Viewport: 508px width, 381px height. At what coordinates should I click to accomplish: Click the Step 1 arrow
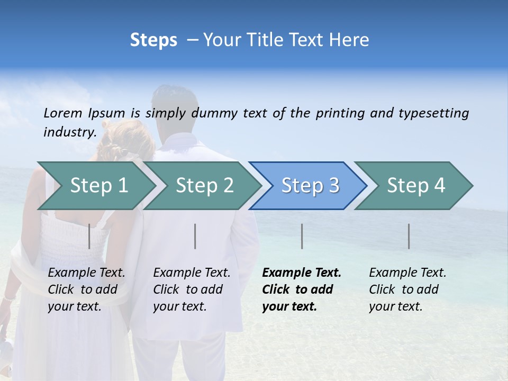98,186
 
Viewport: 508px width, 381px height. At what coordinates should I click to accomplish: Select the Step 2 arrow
204,186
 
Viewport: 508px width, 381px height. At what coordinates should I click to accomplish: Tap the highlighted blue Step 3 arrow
310,186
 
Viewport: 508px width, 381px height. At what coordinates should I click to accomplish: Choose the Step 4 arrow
416,186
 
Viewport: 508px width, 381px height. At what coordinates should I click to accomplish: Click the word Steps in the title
153,40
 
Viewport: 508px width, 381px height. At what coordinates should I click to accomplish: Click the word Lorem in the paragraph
63,113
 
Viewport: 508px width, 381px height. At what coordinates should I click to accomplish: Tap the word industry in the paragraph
69,132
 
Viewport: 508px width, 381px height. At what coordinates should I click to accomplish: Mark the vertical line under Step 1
89,236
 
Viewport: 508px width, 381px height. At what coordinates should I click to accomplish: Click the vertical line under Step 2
195,236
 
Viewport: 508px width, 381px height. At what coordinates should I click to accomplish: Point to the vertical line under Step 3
302,236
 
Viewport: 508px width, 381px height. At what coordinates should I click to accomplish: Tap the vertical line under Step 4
409,236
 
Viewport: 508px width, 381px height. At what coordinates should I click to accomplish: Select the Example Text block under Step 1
87,289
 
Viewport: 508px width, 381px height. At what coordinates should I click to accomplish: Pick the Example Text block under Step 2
192,289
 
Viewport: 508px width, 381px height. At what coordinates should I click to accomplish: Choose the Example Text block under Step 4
407,289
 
